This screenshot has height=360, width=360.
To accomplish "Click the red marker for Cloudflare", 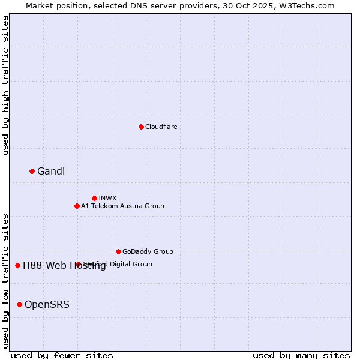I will click(141, 127).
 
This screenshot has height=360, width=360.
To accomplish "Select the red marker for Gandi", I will click(32, 171).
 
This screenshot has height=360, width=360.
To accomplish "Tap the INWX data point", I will click(94, 198).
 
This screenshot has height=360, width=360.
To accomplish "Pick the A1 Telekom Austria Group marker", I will click(77, 206).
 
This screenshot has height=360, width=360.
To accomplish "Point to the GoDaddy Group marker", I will click(118, 251).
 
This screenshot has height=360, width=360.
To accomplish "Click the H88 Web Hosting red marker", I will click(17, 265).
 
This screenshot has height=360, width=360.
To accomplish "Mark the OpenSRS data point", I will click(19, 304).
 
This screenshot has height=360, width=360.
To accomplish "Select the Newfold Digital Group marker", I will click(78, 264).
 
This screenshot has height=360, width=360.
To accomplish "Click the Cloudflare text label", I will click(161, 127).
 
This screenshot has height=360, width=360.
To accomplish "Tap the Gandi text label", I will click(51, 172).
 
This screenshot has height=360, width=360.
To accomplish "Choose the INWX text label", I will click(107, 198).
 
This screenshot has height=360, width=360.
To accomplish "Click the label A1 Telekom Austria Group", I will click(122, 206).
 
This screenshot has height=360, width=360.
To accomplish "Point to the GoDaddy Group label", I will click(148, 251).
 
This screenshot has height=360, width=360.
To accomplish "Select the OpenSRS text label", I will click(47, 305).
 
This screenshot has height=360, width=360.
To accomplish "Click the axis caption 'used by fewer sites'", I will click(62, 356).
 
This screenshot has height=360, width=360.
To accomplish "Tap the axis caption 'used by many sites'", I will click(301, 356).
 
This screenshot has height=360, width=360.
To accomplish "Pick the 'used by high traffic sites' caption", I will click(6, 85).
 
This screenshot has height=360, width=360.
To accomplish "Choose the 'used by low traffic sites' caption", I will click(6, 280).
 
